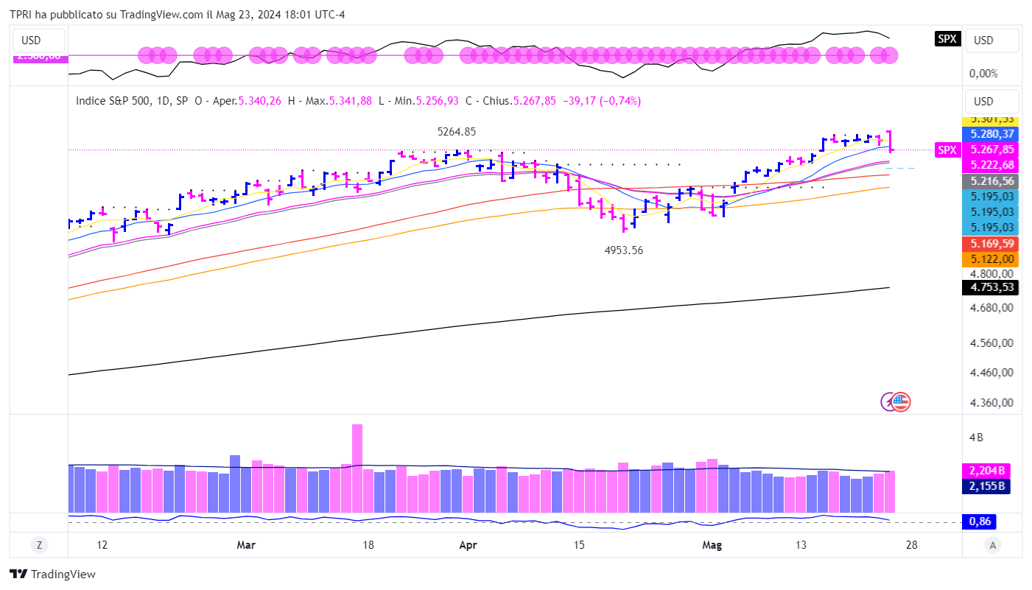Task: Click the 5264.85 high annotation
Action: pos(457,132)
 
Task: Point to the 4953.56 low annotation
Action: pos(623,250)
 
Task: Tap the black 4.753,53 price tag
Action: pos(990,287)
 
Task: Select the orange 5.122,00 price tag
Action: pos(990,259)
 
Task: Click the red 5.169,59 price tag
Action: pos(990,243)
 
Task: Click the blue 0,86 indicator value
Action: pos(980,521)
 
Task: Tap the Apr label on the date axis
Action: pos(468,545)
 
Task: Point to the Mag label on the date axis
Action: pos(712,545)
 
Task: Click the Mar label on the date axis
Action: pos(247,545)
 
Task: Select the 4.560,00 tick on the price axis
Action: pos(990,343)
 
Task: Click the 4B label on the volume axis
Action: pos(976,438)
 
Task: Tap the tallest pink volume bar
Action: pos(357,468)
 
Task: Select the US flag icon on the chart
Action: pos(901,401)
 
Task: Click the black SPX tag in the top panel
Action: pos(947,39)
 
